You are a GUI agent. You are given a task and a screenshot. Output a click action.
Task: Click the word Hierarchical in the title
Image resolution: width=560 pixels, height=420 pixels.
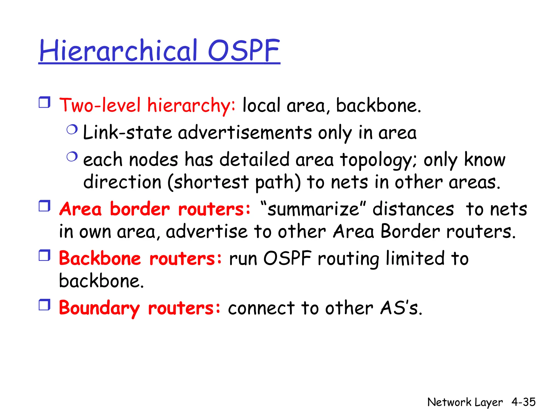click(118, 51)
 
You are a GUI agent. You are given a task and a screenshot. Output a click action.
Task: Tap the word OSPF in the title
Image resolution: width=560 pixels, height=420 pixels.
click(244, 51)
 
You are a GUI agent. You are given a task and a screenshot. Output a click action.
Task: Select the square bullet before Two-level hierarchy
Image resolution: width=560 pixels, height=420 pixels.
click(45, 102)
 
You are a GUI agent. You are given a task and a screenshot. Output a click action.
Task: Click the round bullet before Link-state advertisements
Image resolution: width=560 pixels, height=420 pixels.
click(72, 129)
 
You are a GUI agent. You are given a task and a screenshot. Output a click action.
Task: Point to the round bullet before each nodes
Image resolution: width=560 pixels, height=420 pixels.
click(72, 157)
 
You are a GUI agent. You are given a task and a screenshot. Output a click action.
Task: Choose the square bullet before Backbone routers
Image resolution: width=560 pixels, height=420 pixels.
click(45, 255)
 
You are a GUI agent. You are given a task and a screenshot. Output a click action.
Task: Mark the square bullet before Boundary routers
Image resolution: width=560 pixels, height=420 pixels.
click(45, 305)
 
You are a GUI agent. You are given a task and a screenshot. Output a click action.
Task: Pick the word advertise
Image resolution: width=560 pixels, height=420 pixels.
click(207, 232)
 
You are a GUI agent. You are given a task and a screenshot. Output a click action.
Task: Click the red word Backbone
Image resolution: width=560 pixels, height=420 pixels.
click(100, 258)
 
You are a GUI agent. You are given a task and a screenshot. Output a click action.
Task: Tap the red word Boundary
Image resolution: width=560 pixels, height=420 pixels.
click(99, 308)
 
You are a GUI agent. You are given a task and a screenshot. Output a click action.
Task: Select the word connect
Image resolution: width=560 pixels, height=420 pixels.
click(261, 308)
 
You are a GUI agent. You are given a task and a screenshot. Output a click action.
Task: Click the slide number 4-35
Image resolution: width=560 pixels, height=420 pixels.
click(523, 402)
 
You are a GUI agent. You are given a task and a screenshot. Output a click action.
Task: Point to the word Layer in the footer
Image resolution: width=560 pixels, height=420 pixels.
click(489, 402)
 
